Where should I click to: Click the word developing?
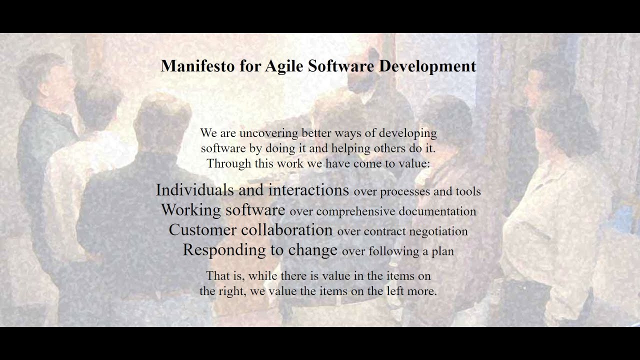[407, 133]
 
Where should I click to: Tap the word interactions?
[308, 190]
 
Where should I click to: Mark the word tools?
[468, 191]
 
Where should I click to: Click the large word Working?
[190, 210]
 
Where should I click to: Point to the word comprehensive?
[356, 211]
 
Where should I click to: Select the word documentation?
[438, 211]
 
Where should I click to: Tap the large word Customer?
[202, 230]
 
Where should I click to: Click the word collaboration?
[286, 230]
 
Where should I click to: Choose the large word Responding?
[224, 250]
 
